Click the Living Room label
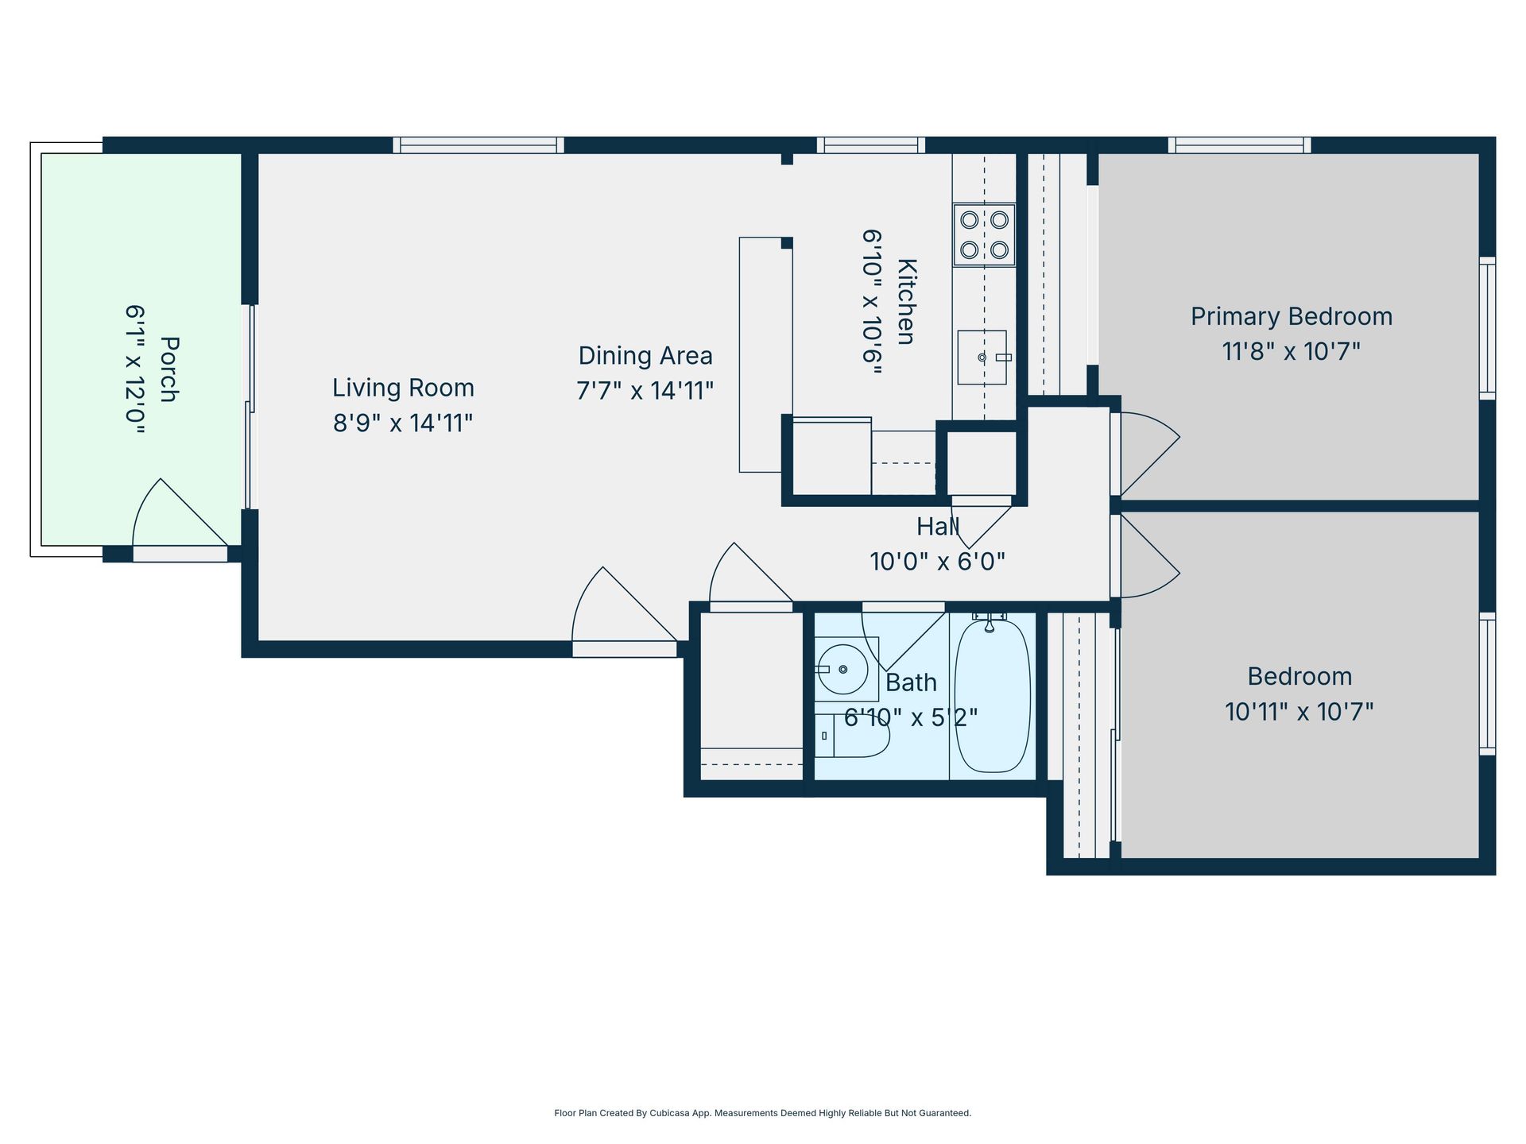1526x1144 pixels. pyautogui.click(x=403, y=388)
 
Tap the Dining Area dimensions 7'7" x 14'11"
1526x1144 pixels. pyautogui.click(x=645, y=391)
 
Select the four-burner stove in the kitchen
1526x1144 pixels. pyautogui.click(x=984, y=234)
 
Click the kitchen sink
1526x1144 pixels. pyautogui.click(x=982, y=357)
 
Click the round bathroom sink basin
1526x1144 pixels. pyautogui.click(x=842, y=669)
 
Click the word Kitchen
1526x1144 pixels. pyautogui.click(x=906, y=302)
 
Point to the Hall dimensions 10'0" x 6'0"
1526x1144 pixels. pyautogui.click(x=937, y=562)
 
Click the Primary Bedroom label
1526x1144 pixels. pyautogui.click(x=1291, y=316)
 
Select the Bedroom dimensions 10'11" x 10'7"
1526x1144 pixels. pyautogui.click(x=1299, y=711)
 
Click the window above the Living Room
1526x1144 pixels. pyautogui.click(x=478, y=145)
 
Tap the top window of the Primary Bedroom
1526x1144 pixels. pyautogui.click(x=1239, y=145)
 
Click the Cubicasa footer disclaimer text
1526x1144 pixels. pyautogui.click(x=762, y=1113)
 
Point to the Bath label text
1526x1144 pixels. pyautogui.click(x=911, y=682)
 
